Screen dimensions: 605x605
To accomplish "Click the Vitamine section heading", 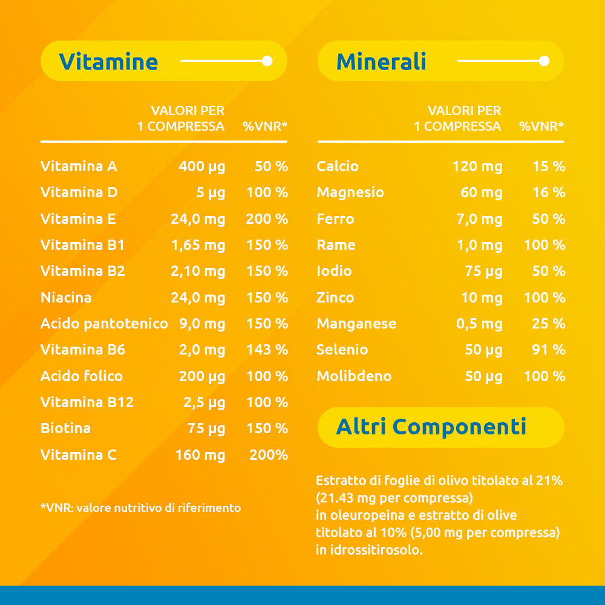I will [x=108, y=62].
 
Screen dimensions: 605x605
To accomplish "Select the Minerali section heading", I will [x=381, y=62].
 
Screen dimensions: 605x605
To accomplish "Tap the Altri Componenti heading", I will [x=431, y=427].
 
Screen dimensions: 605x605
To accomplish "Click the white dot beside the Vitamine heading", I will [x=267, y=61].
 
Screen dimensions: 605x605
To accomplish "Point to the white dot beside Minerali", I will [x=544, y=61].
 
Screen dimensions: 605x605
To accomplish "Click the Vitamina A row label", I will [x=79, y=166].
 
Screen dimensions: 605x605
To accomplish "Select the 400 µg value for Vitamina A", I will [x=202, y=166].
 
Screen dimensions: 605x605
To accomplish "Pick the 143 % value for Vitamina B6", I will [x=267, y=350].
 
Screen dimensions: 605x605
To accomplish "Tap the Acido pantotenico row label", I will [x=104, y=324].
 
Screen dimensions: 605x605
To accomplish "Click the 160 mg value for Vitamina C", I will [x=200, y=455].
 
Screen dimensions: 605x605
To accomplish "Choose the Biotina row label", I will [x=65, y=428].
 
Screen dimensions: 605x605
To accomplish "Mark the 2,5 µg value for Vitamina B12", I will [x=204, y=402].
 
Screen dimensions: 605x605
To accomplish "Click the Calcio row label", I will [x=338, y=166].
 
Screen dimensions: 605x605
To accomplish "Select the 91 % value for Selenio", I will [x=549, y=350].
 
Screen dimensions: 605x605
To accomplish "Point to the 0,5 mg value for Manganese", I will [x=479, y=324].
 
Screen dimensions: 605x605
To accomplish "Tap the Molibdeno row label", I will [x=354, y=376].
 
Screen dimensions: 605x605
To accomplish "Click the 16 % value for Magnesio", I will [x=549, y=192].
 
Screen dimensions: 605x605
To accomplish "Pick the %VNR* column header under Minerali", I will [x=541, y=126].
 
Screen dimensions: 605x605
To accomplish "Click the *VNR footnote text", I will [x=140, y=508].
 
